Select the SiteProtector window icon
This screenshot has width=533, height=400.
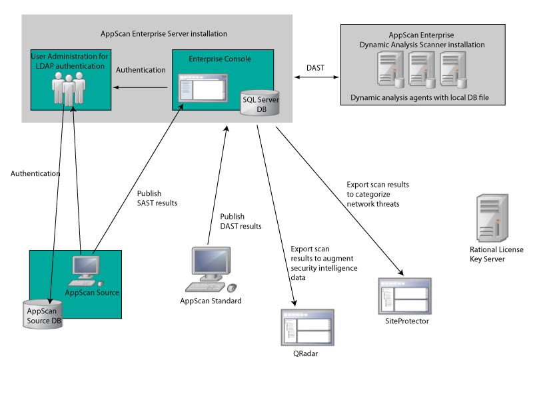pyautogui.click(x=404, y=296)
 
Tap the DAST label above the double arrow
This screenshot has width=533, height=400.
pyautogui.click(x=315, y=67)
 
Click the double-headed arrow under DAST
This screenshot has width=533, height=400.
pyautogui.click(x=315, y=79)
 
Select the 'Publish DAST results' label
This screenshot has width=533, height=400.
pyautogui.click(x=241, y=221)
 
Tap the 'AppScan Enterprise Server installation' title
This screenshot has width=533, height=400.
pyautogui.click(x=161, y=33)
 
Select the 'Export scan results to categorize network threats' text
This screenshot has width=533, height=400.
pyautogui.click(x=378, y=194)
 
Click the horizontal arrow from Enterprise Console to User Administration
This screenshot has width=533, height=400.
pyautogui.click(x=139, y=87)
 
